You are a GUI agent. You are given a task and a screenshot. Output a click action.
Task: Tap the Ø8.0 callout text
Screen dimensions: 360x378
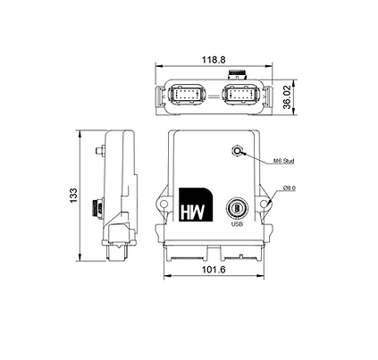[289, 188]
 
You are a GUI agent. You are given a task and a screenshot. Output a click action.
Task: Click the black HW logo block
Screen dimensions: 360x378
[194, 206]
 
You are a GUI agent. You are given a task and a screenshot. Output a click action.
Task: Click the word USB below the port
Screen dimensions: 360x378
[237, 224]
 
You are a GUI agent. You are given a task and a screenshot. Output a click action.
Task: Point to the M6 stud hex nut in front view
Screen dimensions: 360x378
[238, 151]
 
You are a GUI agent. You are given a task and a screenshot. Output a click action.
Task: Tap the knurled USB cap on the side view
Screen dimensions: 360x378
[97, 207]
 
